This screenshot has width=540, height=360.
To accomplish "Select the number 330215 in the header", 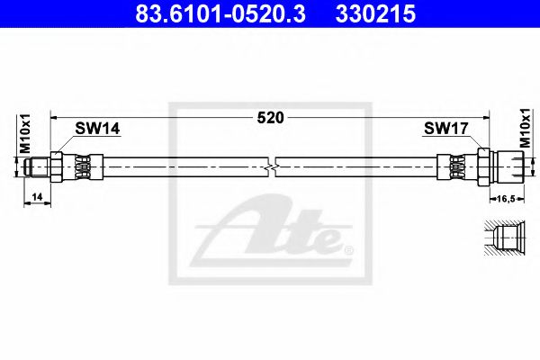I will (x=376, y=14).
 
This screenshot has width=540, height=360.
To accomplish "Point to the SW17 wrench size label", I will (x=445, y=130).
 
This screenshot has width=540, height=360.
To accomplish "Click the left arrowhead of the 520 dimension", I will (x=54, y=116).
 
